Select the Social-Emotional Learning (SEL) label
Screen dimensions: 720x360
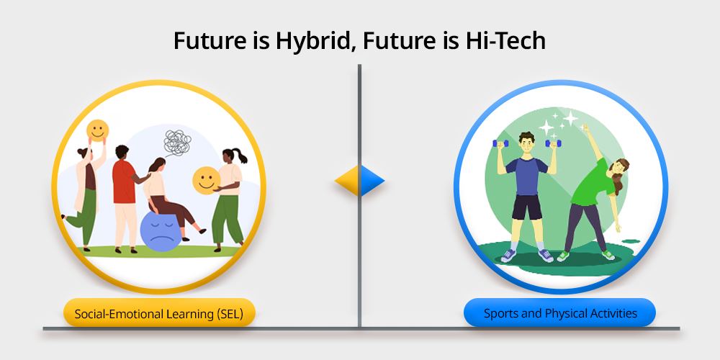(159, 314)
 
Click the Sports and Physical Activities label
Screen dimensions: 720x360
(560, 314)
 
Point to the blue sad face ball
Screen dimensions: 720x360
(160, 231)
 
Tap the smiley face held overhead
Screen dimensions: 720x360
(98, 130)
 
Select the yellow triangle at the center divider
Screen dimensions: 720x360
(347, 181)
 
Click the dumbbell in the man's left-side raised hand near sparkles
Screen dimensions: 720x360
(554, 143)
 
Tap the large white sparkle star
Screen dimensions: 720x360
(546, 127)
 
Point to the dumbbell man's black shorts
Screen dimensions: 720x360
(527, 207)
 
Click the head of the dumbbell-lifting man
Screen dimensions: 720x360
(527, 143)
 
